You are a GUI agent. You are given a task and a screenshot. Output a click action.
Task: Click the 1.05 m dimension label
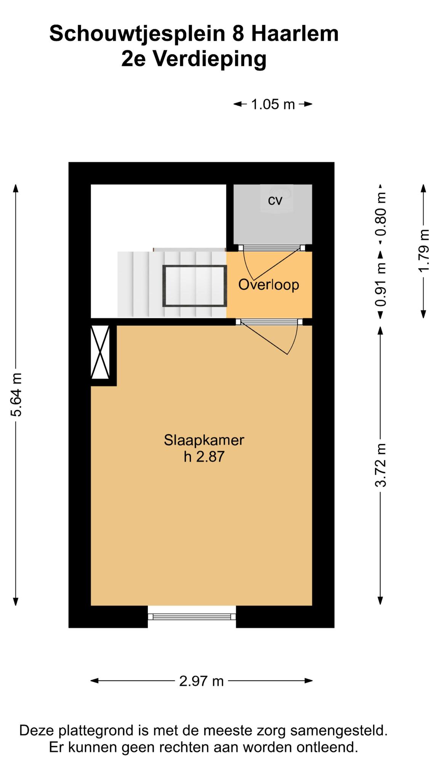click(273, 104)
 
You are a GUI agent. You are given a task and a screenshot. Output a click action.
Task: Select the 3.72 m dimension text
click(381, 465)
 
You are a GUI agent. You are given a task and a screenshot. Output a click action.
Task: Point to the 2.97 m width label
click(201, 681)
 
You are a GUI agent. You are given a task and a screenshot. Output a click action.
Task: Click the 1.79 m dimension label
click(424, 250)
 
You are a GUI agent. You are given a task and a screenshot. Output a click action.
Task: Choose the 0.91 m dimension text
click(381, 285)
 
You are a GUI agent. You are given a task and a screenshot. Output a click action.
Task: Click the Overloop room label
click(269, 285)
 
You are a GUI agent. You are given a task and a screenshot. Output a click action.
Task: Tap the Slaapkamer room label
click(204, 440)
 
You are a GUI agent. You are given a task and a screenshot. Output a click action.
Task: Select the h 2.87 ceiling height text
click(204, 456)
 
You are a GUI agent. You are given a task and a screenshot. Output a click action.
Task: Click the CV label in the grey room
click(275, 201)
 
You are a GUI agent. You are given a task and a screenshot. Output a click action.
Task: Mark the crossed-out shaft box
click(100, 352)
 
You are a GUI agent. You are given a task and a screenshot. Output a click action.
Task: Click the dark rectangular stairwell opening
click(195, 286)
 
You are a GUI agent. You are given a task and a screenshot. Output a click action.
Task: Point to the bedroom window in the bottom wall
click(192, 617)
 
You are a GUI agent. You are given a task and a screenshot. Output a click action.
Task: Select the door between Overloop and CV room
click(272, 248)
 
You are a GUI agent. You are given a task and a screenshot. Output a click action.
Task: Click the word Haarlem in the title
click(295, 34)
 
